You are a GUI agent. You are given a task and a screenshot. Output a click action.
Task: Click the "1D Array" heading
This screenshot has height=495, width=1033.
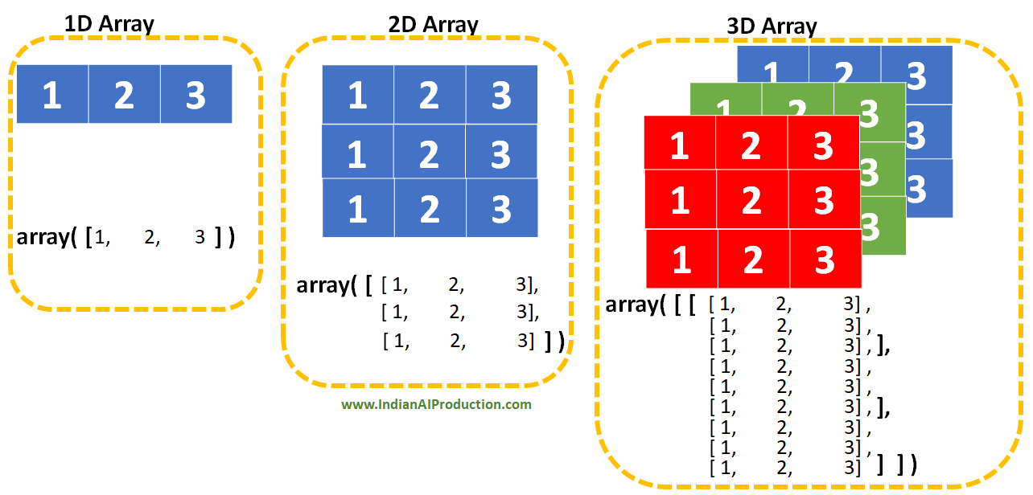pyautogui.click(x=109, y=24)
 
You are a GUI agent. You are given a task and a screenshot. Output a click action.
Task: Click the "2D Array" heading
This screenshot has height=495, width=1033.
pyautogui.click(x=433, y=24)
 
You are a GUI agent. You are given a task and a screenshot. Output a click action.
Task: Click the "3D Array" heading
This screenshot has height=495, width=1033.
pyautogui.click(x=772, y=27)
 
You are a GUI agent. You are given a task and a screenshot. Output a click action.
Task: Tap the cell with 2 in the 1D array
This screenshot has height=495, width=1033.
pyautogui.click(x=124, y=95)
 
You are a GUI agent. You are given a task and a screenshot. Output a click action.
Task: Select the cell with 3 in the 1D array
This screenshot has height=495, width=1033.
pyautogui.click(x=196, y=95)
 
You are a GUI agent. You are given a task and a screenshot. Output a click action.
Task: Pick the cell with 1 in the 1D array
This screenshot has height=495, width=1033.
pyautogui.click(x=52, y=95)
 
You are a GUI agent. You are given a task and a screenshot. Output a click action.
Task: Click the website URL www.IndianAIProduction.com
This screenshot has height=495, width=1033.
pyautogui.click(x=436, y=404)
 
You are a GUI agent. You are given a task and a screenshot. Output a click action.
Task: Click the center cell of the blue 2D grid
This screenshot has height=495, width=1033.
pyautogui.click(x=430, y=152)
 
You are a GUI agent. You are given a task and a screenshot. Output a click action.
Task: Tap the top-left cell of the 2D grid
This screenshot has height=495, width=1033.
pyautogui.click(x=358, y=95)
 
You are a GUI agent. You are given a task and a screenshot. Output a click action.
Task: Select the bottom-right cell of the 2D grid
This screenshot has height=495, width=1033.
pyautogui.click(x=501, y=208)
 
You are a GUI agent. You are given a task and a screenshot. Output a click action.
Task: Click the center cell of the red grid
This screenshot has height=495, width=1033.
pyautogui.click(x=751, y=200)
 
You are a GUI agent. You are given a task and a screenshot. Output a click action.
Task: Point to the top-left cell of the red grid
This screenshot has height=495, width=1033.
pyautogui.click(x=680, y=145)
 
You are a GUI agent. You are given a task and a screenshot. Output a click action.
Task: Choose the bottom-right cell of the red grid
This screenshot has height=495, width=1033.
pyautogui.click(x=825, y=260)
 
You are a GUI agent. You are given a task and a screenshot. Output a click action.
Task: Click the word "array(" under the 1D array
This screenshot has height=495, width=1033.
pyautogui.click(x=47, y=238)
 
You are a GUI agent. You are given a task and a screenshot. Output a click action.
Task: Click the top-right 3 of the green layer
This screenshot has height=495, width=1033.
pyautogui.click(x=869, y=112)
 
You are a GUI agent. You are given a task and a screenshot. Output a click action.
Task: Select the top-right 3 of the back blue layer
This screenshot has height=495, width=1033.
pyautogui.click(x=916, y=76)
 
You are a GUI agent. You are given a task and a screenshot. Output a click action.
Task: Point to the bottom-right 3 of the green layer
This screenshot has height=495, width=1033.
pyautogui.click(x=870, y=226)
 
